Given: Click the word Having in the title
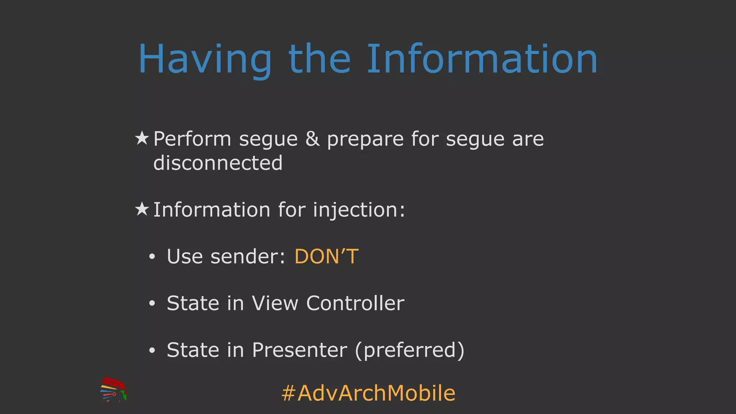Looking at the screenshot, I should tap(205, 59).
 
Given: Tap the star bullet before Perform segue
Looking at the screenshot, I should tap(142, 138).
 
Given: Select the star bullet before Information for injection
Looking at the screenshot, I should tap(142, 209).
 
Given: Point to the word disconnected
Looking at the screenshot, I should tap(218, 163).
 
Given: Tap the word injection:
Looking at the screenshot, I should tap(359, 210).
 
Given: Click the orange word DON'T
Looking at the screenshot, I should tap(326, 257).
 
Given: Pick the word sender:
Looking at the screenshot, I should tap(248, 257).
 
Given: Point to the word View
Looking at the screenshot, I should tap(275, 303).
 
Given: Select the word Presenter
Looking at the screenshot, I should tap(299, 350).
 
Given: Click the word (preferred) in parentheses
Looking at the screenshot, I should tap(409, 351).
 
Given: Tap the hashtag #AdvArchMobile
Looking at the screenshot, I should tap(368, 393).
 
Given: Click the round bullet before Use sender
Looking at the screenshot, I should tap(152, 257).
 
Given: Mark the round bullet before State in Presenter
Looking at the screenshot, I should tap(152, 350).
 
